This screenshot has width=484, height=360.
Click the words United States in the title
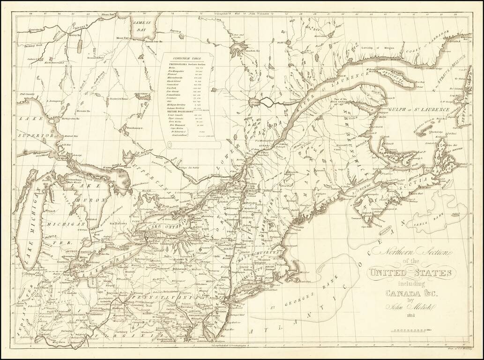[x=410, y=273]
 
